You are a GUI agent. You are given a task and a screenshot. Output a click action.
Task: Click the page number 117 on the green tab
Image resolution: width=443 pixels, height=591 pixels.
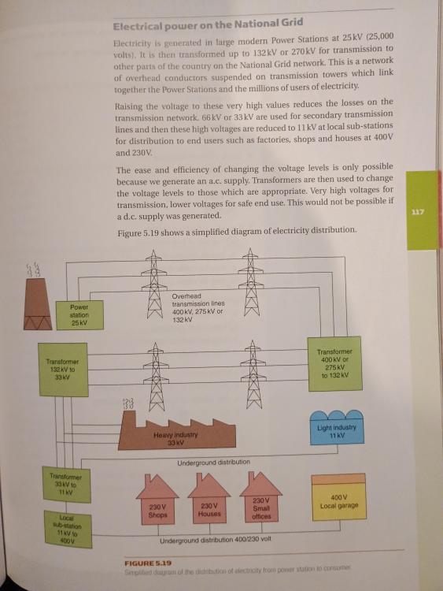pos(418,212)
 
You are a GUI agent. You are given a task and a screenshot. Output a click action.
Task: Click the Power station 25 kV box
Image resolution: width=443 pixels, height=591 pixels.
pos(79,315)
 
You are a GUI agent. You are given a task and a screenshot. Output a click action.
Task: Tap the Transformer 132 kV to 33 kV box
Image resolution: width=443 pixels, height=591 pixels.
pos(63,370)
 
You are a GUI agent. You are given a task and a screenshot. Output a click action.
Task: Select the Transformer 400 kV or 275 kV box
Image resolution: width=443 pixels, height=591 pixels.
pos(335,364)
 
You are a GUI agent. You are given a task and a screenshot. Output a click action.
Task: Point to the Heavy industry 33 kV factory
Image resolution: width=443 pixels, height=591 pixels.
pos(177,434)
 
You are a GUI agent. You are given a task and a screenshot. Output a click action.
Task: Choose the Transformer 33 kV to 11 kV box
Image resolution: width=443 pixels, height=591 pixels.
pos(66,485)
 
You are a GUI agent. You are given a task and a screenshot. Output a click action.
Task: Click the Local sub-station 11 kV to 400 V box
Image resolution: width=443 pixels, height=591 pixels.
pos(68,530)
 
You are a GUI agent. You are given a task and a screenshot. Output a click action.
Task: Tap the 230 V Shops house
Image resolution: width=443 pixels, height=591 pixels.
pos(157,500)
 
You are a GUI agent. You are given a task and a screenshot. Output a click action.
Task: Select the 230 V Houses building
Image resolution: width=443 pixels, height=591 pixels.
pos(209,498)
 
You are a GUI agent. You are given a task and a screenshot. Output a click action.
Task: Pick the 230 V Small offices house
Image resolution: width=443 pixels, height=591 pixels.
pos(260,496)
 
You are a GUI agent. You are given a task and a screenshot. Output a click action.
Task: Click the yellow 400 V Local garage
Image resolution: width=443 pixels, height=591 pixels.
pos(339,496)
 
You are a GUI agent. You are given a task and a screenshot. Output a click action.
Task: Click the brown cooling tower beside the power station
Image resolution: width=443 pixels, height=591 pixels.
pos(38,304)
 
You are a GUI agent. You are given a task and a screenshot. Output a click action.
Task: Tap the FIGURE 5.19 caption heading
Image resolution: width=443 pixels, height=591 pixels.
pos(148,563)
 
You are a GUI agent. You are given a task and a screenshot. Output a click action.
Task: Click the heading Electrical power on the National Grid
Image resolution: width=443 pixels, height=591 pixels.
pos(209,24)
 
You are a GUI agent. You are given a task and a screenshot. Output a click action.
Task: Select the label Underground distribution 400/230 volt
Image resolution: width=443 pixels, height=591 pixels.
pos(216,540)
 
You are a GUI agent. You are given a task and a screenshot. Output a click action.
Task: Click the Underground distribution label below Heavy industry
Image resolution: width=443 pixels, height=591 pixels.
pos(213,462)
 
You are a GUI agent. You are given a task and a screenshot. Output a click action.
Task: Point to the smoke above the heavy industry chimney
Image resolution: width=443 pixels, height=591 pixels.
pos(128,403)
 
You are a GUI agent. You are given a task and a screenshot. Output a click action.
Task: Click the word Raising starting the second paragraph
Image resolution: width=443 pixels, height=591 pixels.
pos(129,106)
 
